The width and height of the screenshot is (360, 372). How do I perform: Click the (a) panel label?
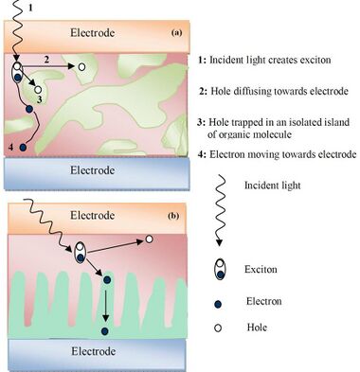pyautogui.click(x=176, y=32)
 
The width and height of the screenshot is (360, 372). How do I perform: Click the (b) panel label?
pyautogui.click(x=174, y=216)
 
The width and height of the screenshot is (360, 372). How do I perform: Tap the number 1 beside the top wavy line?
pyautogui.click(x=30, y=8)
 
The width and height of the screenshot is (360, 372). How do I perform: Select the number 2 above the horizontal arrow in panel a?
pyautogui.click(x=46, y=60)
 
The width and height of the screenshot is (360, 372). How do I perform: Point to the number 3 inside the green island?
pyautogui.click(x=39, y=100)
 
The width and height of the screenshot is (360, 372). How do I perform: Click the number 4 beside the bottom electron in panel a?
pyautogui.click(x=10, y=147)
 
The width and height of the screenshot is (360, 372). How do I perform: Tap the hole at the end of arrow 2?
pyautogui.click(x=81, y=66)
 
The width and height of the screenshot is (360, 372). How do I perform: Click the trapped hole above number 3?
pyautogui.click(x=38, y=89)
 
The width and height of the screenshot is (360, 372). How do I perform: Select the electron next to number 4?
pyautogui.click(x=23, y=147)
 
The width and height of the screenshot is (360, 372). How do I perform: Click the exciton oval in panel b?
pyautogui.click(x=80, y=252)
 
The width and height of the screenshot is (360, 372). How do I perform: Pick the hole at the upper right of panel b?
pyautogui.click(x=149, y=239)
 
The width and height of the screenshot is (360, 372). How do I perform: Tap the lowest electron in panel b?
pyautogui.click(x=105, y=331)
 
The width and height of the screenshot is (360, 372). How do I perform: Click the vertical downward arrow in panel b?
pyautogui.click(x=106, y=305)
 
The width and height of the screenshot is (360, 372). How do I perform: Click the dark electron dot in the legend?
pyautogui.click(x=218, y=305)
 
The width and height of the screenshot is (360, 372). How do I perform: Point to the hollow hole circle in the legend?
pyautogui.click(x=218, y=328)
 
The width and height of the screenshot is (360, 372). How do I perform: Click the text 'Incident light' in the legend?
pyautogui.click(x=273, y=186)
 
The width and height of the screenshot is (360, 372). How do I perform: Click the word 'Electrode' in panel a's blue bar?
pyautogui.click(x=92, y=170)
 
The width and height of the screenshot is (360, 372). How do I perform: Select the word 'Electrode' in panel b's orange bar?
pyautogui.click(x=92, y=216)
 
